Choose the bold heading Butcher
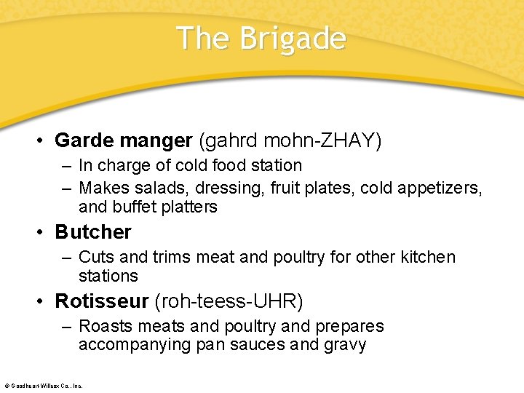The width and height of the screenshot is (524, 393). point(93,232)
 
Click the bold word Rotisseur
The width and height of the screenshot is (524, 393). point(101,301)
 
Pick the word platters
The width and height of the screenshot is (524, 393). point(190,207)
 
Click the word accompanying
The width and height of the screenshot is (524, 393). point(135,345)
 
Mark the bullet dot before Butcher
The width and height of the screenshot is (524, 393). point(44,232)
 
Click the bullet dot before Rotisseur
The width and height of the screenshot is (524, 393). point(44,301)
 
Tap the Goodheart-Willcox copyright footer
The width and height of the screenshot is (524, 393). point(43,385)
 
